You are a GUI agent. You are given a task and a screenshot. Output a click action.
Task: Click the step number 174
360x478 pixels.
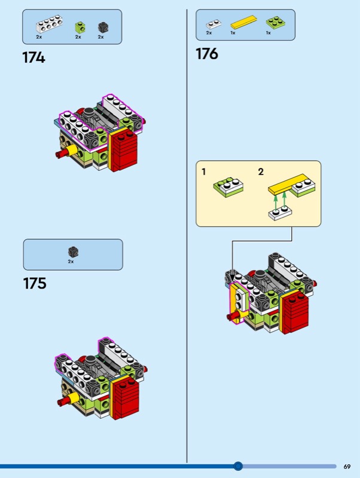coord(33,57)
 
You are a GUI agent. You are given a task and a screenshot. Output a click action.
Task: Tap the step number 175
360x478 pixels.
coord(35,283)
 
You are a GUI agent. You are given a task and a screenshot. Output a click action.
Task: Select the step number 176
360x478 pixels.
coord(207,54)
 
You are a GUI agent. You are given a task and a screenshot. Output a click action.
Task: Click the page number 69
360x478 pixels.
coord(347,467)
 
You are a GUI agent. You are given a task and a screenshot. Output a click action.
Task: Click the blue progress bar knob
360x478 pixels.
coord(238,466)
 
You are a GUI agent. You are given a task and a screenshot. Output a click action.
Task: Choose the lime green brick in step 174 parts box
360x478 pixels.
coord(80,27)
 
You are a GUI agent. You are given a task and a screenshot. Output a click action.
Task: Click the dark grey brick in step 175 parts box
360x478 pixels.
coord(73,252)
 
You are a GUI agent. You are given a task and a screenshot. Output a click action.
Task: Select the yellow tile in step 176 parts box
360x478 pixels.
coord(243,22)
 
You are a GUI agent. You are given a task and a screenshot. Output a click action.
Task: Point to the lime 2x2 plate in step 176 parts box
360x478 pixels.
coord(276,22)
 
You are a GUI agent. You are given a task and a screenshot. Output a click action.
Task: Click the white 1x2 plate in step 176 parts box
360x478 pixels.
coord(213,24)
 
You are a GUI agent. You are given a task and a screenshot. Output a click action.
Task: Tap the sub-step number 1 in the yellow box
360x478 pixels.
coord(204,172)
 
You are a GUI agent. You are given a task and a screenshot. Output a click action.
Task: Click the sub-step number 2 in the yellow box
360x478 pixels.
coord(261,172)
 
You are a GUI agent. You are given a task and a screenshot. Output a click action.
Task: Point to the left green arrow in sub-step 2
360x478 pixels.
coord(275,202)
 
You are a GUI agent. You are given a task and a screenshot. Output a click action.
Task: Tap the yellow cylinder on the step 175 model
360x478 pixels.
coord(74,397)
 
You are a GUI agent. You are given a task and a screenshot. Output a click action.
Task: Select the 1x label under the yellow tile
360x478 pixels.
coord(233,33)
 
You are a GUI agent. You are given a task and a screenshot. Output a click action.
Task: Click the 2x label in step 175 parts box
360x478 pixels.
coord(71,262)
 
